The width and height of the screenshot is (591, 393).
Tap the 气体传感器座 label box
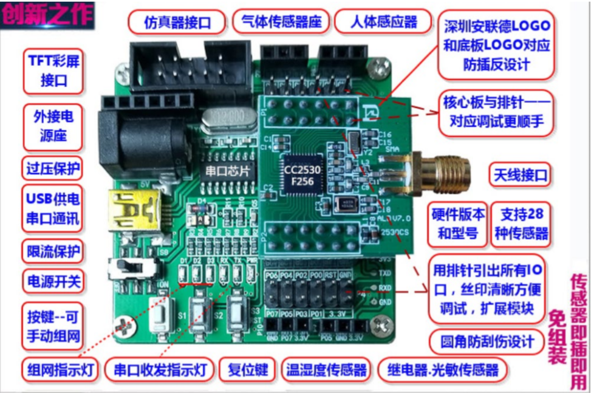281,22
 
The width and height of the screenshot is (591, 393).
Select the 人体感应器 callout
383,22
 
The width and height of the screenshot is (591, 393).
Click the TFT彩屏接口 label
53,70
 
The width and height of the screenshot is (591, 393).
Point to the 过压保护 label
53,167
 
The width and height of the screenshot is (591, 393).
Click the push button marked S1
161,316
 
